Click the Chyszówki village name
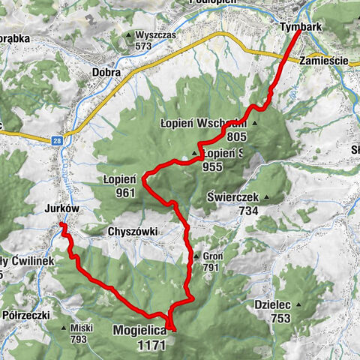point(133,232)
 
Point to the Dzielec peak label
point(271,304)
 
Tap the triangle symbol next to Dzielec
point(298,304)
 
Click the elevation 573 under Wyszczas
point(144,46)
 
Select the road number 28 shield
point(57,139)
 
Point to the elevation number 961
point(125,193)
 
